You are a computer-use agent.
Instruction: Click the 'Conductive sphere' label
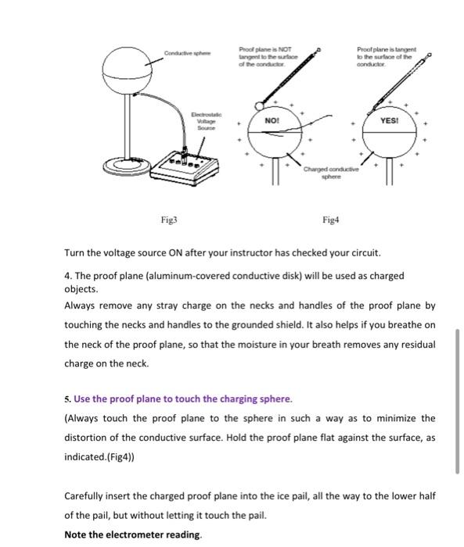(185, 53)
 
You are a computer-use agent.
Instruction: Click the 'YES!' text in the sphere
(389, 121)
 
